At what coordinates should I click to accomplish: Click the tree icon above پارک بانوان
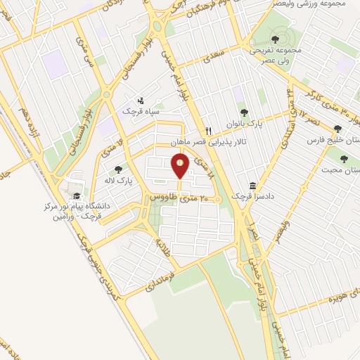[x=244, y=112]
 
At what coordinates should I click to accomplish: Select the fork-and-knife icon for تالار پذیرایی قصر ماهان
[x=208, y=131]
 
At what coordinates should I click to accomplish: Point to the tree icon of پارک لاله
[x=117, y=169]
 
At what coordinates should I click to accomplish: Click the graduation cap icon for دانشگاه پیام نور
[x=76, y=196]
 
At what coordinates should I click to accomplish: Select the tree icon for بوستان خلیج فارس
[x=338, y=129]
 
